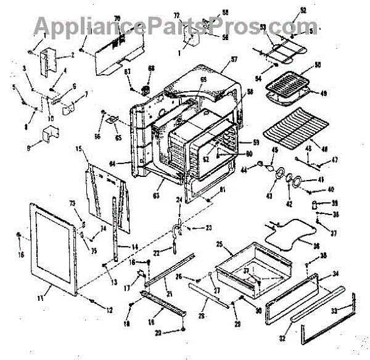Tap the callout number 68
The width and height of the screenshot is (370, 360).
click(x=151, y=68)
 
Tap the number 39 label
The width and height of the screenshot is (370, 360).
click(x=336, y=203)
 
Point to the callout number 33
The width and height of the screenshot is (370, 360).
click(x=334, y=311)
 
